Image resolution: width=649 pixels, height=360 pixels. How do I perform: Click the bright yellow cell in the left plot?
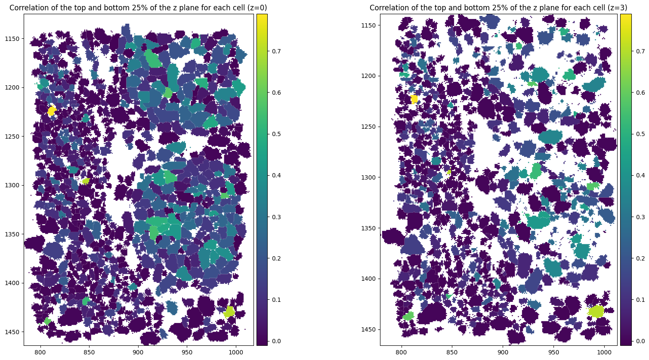(52, 111)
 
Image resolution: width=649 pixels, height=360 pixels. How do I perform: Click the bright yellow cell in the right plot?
(414, 99)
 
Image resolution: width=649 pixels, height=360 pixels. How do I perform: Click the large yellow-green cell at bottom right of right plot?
(596, 311)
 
